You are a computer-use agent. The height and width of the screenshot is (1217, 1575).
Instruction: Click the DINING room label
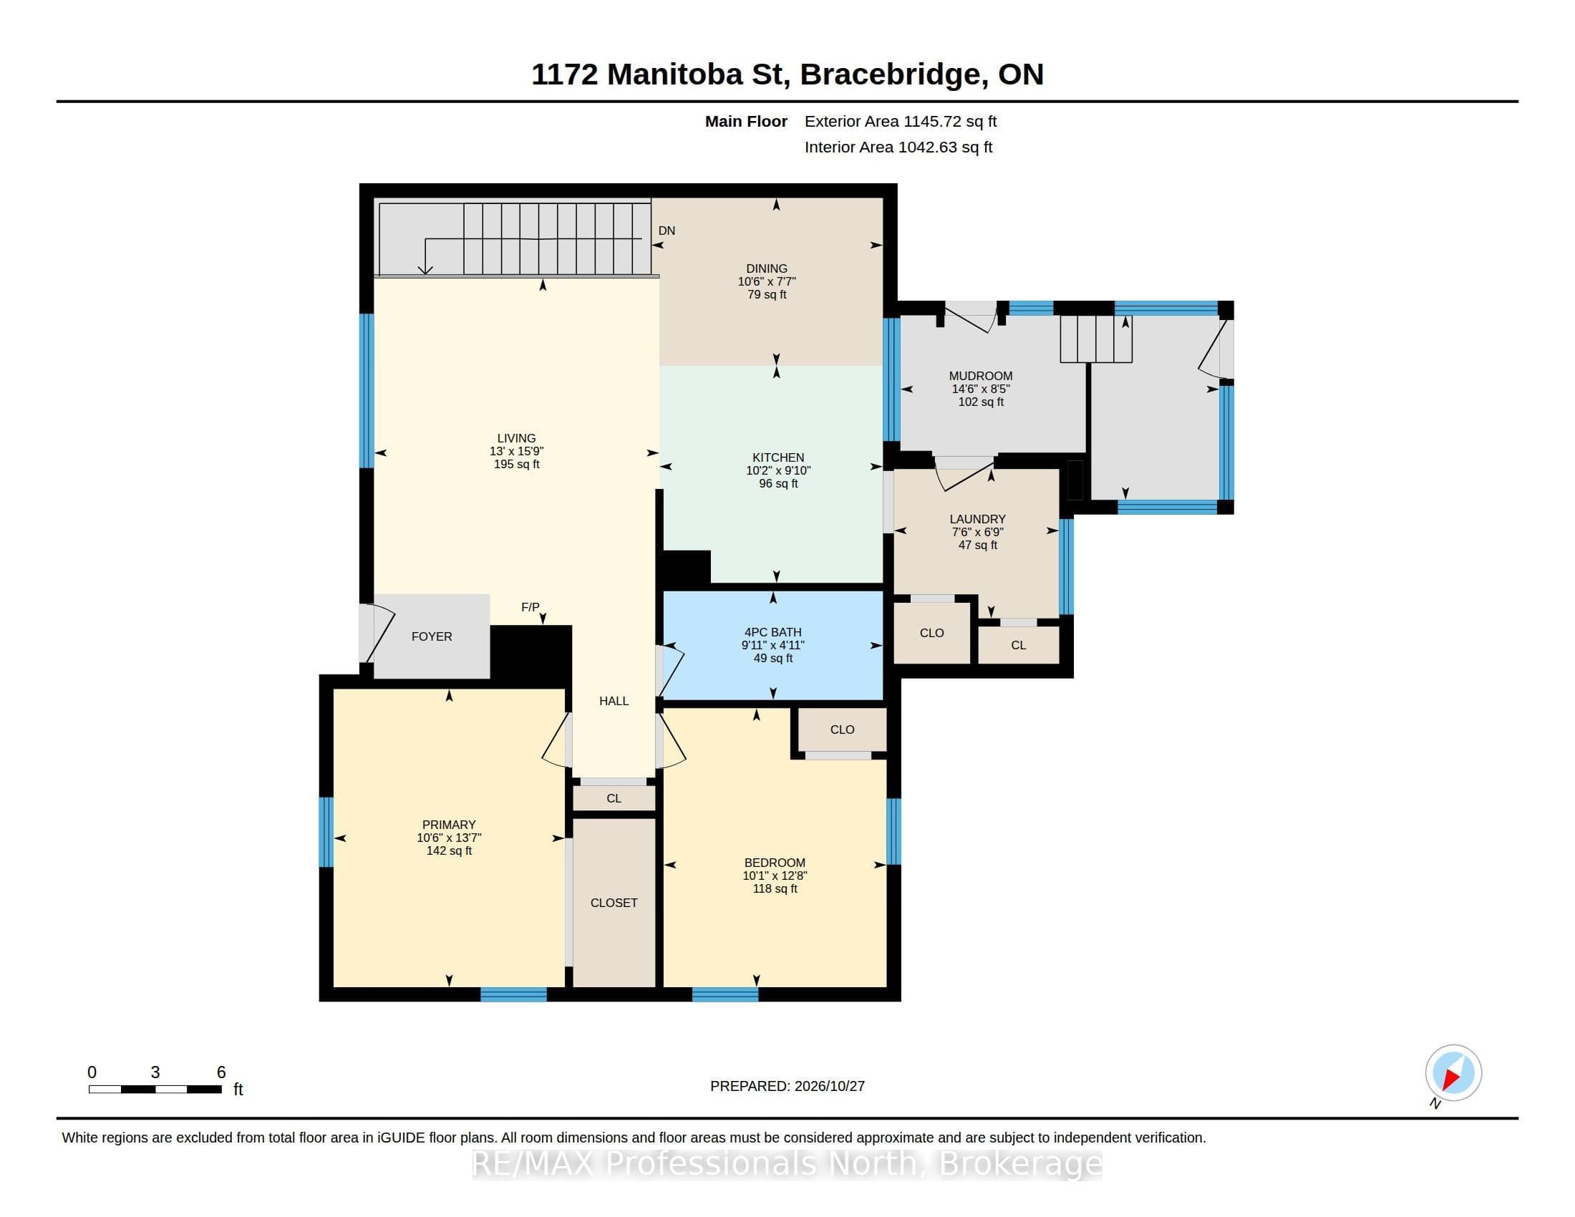coord(767,268)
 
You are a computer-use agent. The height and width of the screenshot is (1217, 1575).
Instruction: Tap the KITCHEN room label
coord(778,457)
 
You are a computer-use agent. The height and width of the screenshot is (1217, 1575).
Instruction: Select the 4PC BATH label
coord(773,631)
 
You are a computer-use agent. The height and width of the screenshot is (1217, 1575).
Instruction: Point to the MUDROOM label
coord(981,376)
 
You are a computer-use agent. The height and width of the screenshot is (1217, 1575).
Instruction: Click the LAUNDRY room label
coord(977,519)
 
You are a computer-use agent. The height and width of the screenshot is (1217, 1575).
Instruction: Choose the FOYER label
coord(432,636)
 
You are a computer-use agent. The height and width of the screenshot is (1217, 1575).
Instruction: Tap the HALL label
coord(614,701)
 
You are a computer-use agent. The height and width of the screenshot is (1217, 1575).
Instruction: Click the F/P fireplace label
coord(530,607)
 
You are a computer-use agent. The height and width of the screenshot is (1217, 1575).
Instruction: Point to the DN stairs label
coord(667,231)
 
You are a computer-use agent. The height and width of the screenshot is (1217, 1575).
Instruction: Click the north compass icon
coord(1453,1073)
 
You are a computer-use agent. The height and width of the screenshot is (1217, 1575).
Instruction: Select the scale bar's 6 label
coord(221,1072)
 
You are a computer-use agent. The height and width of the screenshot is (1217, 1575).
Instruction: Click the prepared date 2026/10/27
coord(829,1086)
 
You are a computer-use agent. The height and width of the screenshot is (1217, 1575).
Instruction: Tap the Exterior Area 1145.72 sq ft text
coord(901,121)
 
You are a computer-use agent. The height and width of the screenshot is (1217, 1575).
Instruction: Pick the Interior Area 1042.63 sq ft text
coord(898,147)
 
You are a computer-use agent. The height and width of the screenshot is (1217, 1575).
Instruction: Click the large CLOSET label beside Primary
coord(614,903)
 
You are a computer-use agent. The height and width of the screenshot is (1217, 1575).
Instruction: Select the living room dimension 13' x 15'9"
coord(516,451)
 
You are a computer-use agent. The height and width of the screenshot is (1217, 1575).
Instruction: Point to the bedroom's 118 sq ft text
coord(775,889)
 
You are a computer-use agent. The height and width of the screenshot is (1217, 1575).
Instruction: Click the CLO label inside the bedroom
coord(843,729)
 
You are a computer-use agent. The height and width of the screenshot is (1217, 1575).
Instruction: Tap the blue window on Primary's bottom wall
coord(513,995)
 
